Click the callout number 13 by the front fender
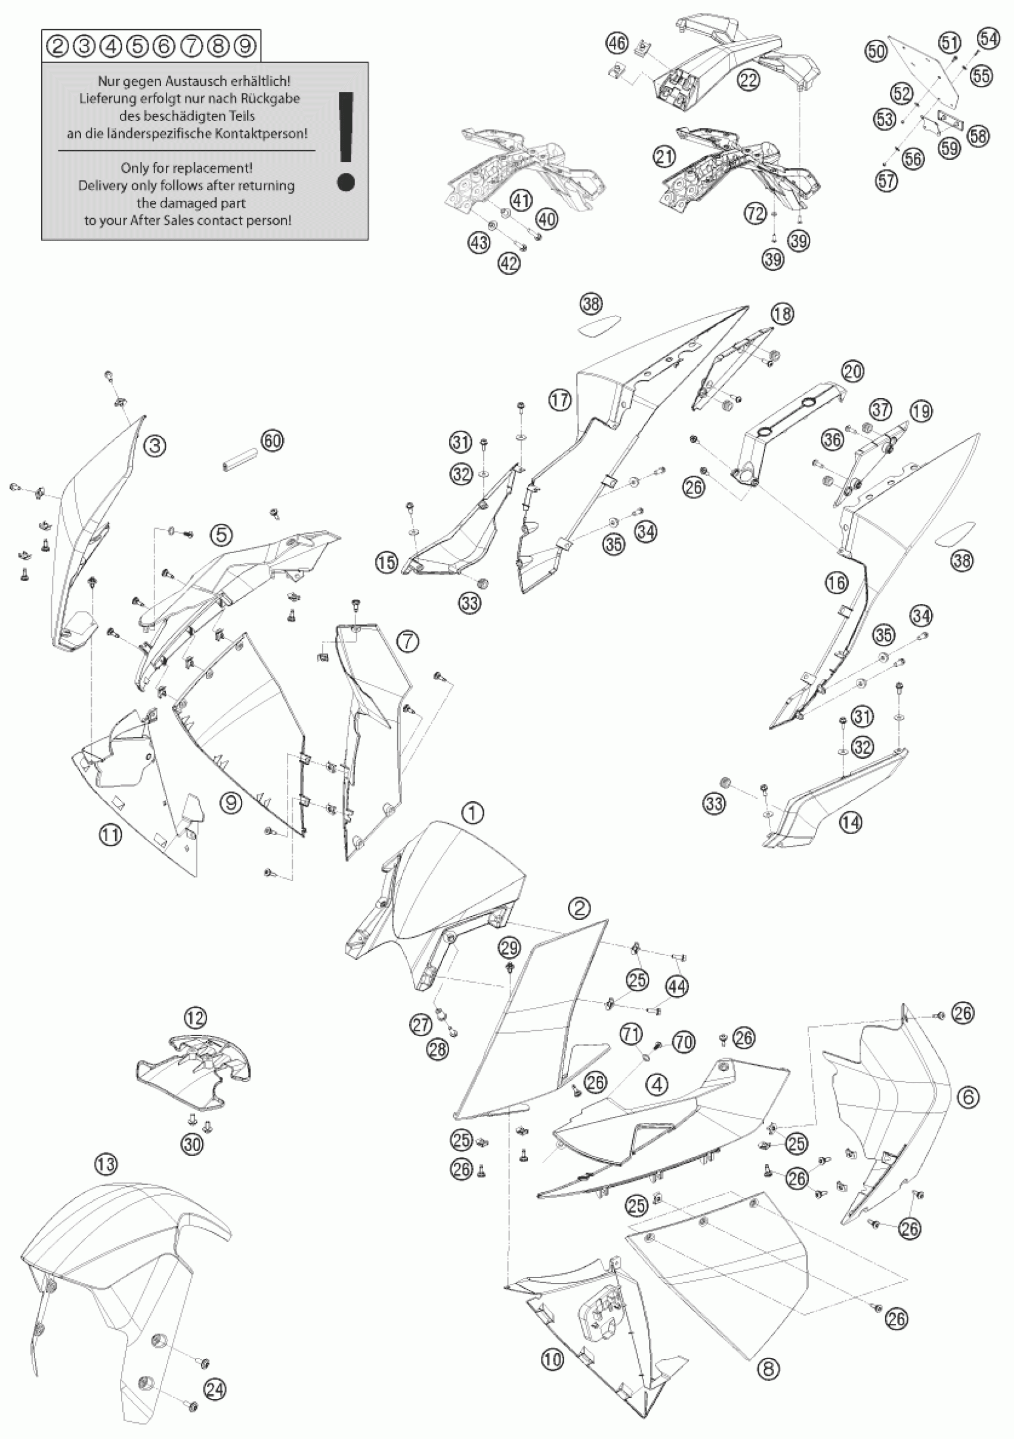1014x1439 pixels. point(106,1164)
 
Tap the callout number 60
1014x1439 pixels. point(272,441)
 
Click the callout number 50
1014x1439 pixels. point(876,50)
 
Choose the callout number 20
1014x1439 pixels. point(853,371)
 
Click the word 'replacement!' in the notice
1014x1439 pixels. point(221,168)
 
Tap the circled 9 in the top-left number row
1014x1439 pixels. point(245,46)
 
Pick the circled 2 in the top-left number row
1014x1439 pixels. point(58,46)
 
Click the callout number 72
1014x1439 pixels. point(756,214)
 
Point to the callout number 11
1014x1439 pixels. point(110,834)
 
